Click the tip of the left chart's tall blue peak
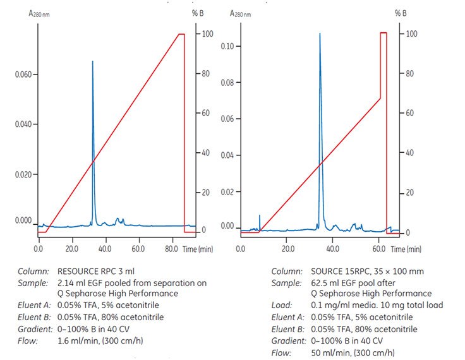[x=93, y=61]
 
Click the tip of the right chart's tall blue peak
[x=320, y=33]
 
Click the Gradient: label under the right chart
[x=287, y=340]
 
